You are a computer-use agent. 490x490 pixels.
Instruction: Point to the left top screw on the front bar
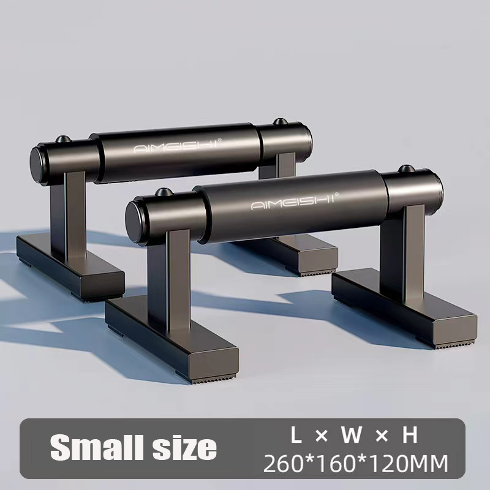pos(163,192)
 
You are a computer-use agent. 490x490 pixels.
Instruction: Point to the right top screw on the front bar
pos(406,169)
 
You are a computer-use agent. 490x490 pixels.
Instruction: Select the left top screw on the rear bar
pos(64,139)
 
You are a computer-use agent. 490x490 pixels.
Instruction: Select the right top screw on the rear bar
pos(281,121)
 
